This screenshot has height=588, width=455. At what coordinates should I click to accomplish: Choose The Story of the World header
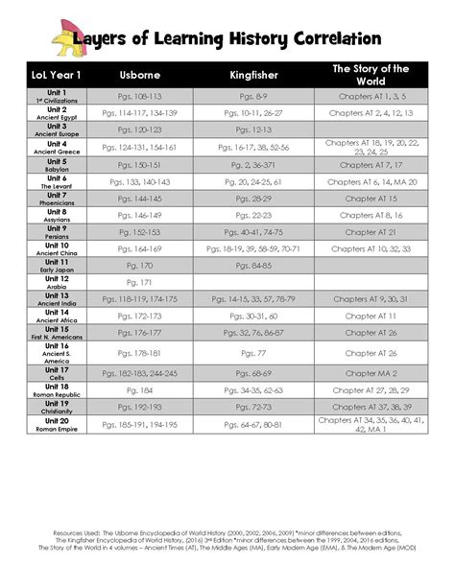click(371, 75)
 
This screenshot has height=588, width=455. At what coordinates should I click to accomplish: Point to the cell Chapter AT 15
click(371, 197)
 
